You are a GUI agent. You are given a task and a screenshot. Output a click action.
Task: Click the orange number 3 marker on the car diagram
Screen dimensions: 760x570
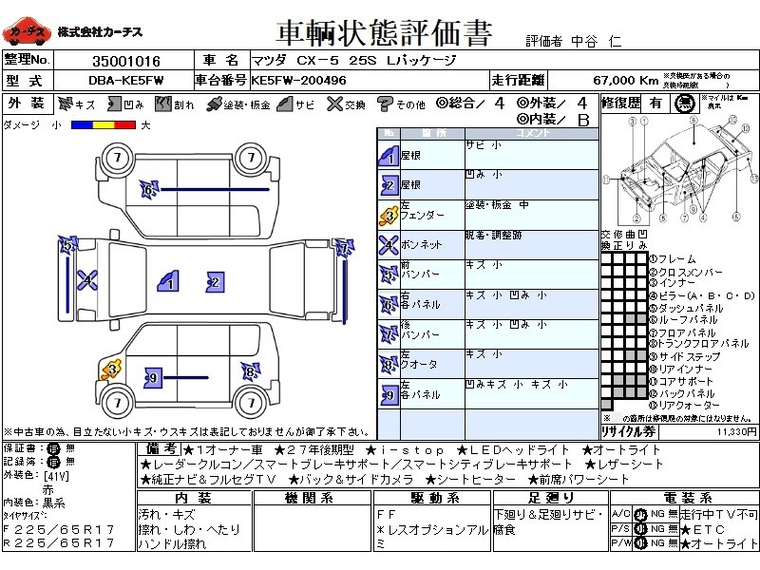click(112, 368)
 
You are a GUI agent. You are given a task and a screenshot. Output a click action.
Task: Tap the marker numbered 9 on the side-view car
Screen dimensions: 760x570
click(151, 378)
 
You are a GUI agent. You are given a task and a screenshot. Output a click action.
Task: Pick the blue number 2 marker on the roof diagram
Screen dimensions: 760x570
click(215, 281)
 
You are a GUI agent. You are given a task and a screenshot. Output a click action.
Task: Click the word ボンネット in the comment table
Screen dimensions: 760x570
click(421, 245)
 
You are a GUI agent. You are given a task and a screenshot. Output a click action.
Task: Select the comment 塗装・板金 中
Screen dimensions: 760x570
click(497, 205)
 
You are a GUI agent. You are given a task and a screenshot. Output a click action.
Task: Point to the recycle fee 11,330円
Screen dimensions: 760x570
click(735, 430)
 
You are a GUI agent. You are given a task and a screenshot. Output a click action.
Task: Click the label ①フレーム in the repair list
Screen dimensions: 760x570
click(672, 258)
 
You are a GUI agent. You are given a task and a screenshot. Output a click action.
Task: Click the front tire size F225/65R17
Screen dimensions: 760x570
click(59, 528)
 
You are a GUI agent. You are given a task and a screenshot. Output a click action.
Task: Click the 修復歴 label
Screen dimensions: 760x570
click(621, 103)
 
